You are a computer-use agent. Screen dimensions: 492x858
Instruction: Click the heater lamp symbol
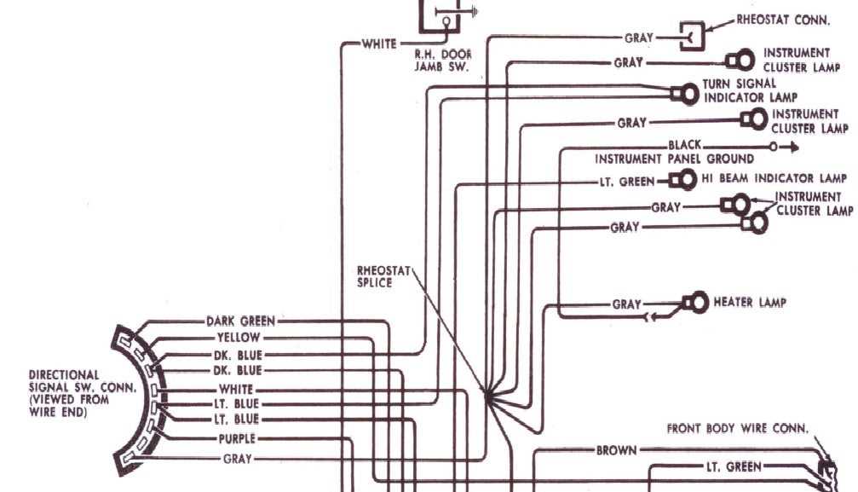click(694, 302)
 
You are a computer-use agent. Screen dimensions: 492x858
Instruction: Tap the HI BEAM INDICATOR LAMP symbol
click(682, 180)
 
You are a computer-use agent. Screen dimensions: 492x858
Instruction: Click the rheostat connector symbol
click(690, 37)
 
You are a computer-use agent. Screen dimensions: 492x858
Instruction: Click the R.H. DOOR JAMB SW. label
click(442, 60)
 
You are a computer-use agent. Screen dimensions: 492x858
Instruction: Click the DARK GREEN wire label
click(240, 321)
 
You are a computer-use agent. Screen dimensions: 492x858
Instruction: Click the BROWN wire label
click(615, 449)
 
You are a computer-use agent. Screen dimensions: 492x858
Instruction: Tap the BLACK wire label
click(685, 146)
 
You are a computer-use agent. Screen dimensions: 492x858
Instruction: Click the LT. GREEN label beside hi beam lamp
click(625, 182)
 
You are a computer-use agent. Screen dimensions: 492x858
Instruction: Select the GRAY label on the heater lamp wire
click(626, 304)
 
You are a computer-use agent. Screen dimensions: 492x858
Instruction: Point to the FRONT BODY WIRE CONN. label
click(738, 429)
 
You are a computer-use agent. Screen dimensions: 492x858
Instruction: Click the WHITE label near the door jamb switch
click(378, 43)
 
